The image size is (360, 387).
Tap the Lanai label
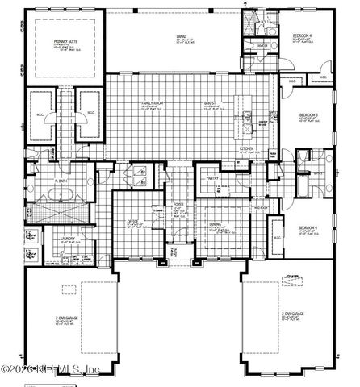(183, 35)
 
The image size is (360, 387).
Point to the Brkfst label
(211, 103)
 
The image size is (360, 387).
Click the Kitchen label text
(246, 148)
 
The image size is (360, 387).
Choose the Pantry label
(213, 177)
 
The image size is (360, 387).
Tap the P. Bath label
(60, 181)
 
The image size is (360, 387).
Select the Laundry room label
(67, 237)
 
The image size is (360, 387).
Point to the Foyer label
(179, 206)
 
